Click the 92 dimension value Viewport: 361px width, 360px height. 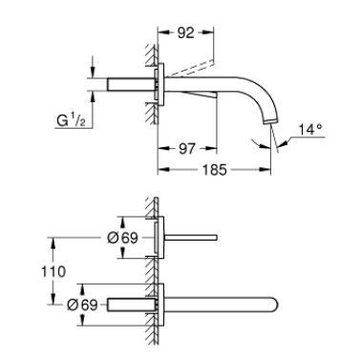[185, 32]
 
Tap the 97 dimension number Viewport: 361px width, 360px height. [186, 149]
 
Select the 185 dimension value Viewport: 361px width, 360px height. [215, 170]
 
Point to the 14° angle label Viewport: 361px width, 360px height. [310, 130]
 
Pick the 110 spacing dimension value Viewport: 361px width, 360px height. [53, 271]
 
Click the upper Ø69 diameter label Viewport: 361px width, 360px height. [122, 238]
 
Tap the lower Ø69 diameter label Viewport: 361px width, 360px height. [82, 305]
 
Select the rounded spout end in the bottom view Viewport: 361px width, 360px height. [274, 305]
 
